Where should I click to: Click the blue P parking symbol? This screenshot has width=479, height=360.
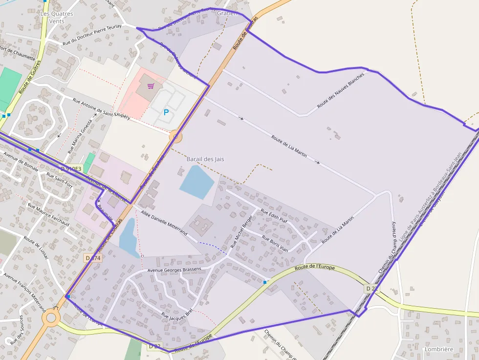pyautogui.click(x=166, y=113)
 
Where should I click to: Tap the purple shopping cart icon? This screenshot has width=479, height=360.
pyautogui.click(x=151, y=86)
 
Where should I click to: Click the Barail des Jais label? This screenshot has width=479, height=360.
pyautogui.click(x=205, y=159)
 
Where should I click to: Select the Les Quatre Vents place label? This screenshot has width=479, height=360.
pyautogui.click(x=57, y=18)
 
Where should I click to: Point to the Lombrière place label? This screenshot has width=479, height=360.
pyautogui.click(x=438, y=349)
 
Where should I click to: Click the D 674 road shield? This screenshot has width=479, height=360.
pyautogui.click(x=93, y=257)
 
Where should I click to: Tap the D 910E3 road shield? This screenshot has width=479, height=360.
pyautogui.click(x=69, y=168)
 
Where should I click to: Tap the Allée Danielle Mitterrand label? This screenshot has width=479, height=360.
pyautogui.click(x=164, y=224)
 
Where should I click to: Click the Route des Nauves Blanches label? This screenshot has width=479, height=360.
pyautogui.click(x=341, y=90)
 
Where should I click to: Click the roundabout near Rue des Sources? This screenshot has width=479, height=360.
pyautogui.click(x=51, y=318)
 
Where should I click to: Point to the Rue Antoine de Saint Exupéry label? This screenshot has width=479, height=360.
pyautogui.click(x=101, y=108)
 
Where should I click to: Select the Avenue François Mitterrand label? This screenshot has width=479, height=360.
pyautogui.click(x=24, y=292)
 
